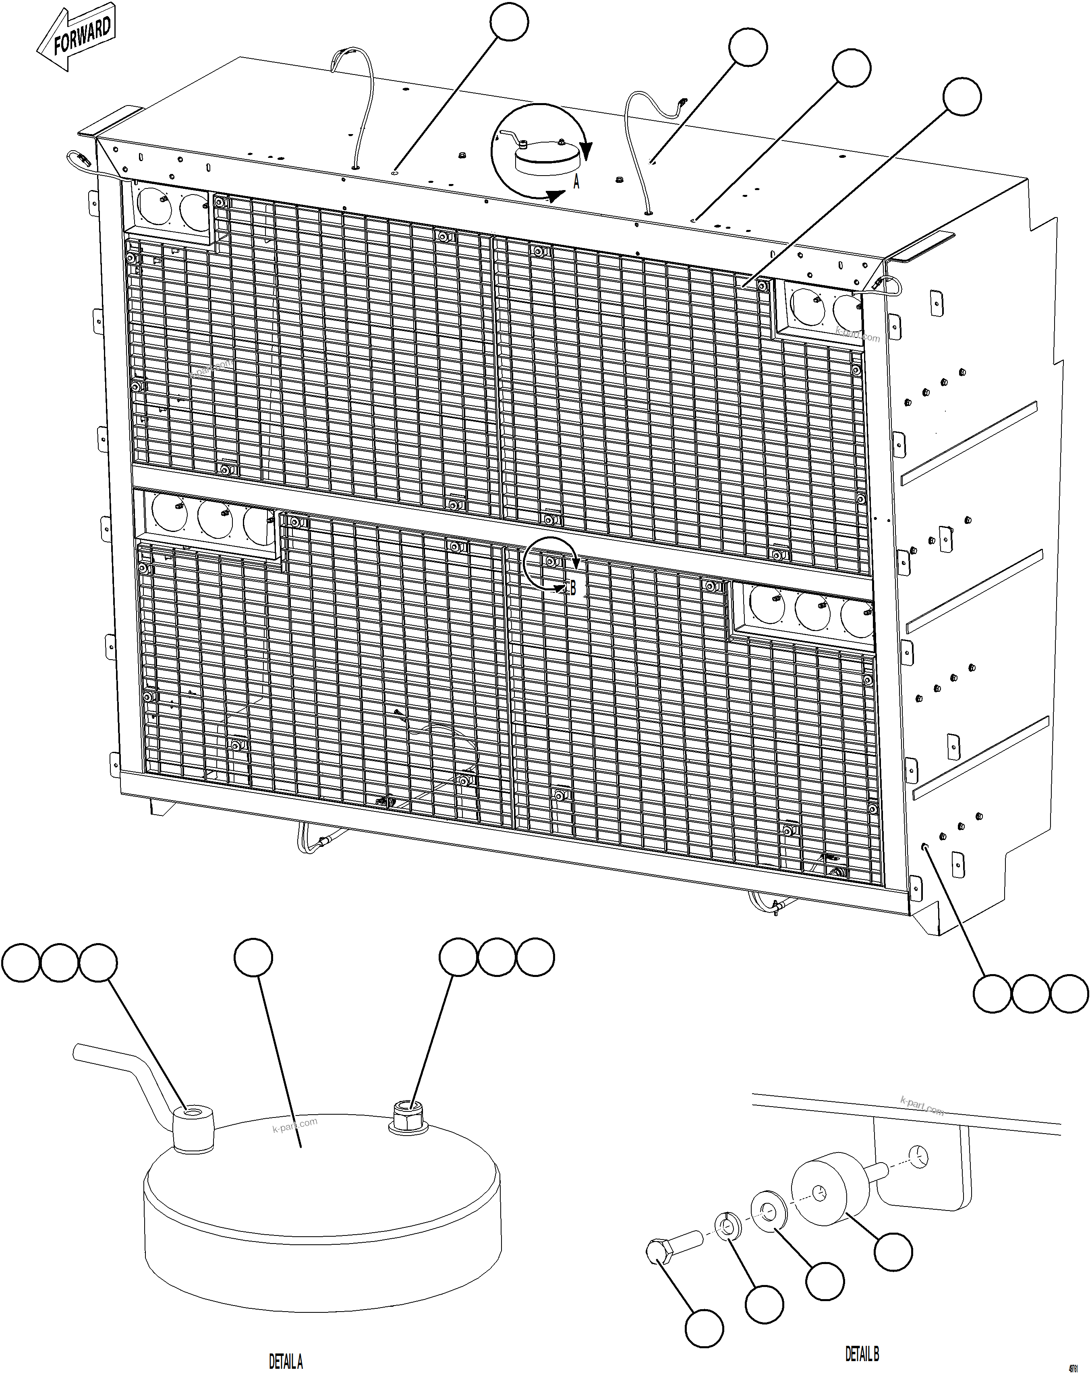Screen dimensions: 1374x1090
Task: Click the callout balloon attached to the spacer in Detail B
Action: (893, 1251)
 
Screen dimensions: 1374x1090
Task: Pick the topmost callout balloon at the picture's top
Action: (509, 22)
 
